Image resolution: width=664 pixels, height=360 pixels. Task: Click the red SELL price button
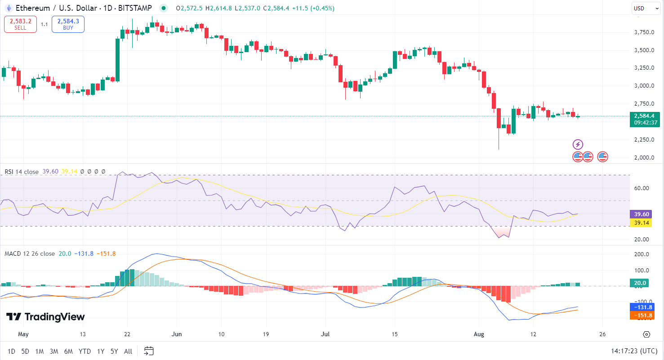20,24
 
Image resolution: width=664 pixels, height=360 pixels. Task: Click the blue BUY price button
68,24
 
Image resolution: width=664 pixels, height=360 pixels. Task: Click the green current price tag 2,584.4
644,116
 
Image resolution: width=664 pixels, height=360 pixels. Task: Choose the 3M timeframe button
54,351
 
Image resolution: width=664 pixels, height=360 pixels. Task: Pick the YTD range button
85,351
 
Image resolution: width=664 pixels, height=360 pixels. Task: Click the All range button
128,351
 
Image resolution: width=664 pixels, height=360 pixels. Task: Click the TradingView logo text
46,317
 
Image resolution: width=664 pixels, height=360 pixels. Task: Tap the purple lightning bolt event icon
578,145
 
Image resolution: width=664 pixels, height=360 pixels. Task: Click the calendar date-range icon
149,351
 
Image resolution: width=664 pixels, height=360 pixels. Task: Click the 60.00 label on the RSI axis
642,188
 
